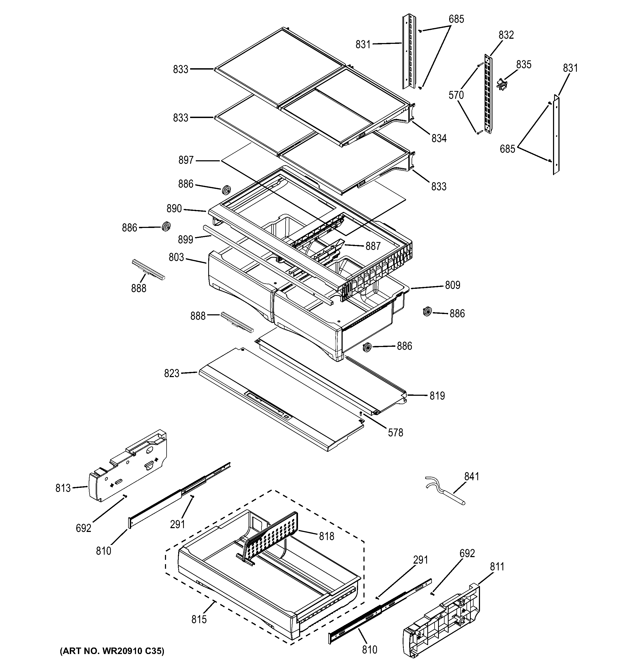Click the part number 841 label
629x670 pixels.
point(471,476)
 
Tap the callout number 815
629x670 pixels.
point(199,619)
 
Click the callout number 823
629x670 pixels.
point(171,373)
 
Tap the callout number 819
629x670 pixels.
point(437,396)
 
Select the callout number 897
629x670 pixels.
point(186,160)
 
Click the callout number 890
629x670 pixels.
point(174,209)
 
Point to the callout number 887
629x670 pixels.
point(373,246)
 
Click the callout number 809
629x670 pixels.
point(452,285)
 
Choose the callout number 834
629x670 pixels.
point(439,138)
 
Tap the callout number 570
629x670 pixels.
point(456,95)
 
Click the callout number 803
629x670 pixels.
point(176,257)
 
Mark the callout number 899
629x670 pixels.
point(186,239)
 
